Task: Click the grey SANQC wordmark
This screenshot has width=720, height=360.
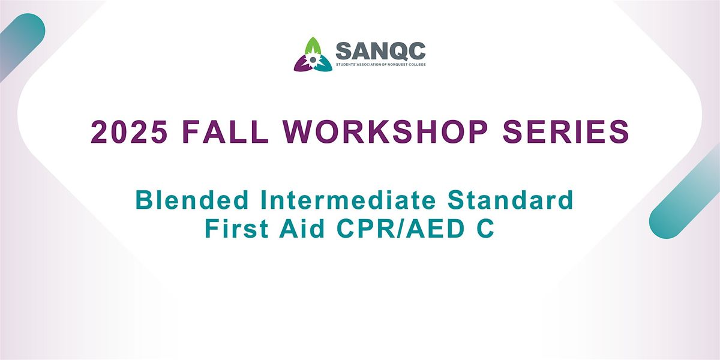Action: click(380, 50)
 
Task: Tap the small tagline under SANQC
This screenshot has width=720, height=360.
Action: click(380, 64)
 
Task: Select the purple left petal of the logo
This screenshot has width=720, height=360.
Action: click(302, 64)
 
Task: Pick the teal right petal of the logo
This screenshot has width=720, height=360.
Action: click(323, 65)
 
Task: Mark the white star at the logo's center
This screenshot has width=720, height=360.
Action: click(313, 60)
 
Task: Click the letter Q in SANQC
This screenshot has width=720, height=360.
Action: click(397, 50)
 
